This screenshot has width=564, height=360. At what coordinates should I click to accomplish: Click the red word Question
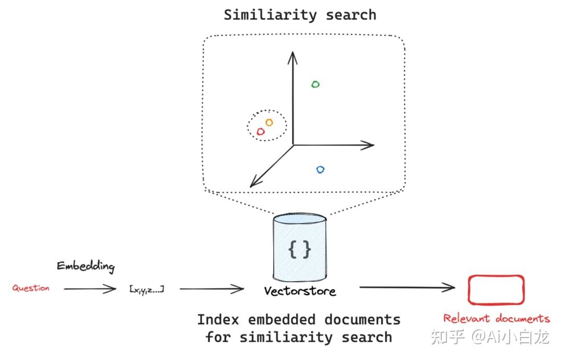(31, 288)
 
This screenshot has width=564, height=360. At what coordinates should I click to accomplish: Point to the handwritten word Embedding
(86, 266)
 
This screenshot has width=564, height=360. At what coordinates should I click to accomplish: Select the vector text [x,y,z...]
(147, 289)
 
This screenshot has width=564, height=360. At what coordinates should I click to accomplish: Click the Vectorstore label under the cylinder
(300, 291)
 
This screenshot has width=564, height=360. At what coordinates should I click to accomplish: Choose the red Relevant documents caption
(497, 318)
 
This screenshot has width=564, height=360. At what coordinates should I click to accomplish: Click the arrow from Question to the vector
(90, 289)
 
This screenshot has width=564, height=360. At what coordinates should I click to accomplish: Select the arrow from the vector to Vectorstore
(212, 289)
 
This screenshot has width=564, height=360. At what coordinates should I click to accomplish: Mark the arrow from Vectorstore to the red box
(407, 287)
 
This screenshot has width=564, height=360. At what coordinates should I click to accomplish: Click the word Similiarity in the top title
(270, 15)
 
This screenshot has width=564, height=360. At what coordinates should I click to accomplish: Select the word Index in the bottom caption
(218, 320)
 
